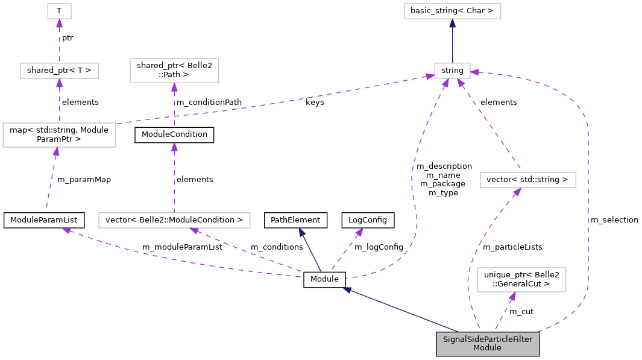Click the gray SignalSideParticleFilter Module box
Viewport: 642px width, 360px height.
coord(487,344)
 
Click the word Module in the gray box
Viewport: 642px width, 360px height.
coord(487,348)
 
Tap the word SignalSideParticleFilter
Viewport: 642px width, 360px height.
coord(487,339)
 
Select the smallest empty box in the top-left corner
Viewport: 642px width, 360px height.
coord(59,11)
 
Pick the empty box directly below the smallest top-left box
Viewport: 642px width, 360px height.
coord(59,71)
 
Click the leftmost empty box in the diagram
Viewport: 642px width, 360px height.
coord(59,135)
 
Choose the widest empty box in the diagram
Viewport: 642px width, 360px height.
coord(174,220)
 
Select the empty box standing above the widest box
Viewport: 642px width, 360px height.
coord(174,71)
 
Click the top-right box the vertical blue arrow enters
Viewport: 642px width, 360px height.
coord(452,11)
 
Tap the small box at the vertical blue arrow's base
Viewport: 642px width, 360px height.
coord(452,71)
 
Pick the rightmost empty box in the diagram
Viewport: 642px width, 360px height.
coord(527,180)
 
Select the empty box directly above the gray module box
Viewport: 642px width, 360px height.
coord(521,280)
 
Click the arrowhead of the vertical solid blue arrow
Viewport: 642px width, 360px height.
coord(452,23)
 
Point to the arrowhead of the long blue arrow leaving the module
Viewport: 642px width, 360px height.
coord(347,290)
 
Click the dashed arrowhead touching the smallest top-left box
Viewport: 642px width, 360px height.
coord(59,24)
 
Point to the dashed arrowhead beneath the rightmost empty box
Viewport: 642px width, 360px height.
coord(517,192)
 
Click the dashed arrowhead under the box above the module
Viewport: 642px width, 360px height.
coord(512,297)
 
